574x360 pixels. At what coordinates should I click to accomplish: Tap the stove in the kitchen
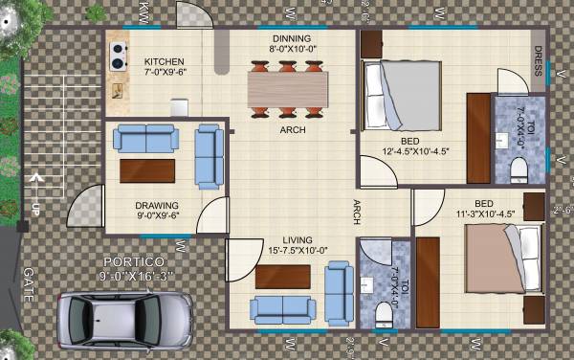pyautogui.click(x=120, y=56)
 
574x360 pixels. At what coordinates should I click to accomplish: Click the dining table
pyautogui.click(x=287, y=87)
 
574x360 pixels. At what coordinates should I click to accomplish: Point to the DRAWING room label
pyautogui.click(x=157, y=205)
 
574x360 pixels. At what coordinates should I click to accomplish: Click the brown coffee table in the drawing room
pyautogui.click(x=147, y=170)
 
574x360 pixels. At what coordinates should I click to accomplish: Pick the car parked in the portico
pyautogui.click(x=124, y=317)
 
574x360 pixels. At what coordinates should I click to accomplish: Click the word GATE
pyautogui.click(x=28, y=283)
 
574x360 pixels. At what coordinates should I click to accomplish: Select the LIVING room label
pyautogui.click(x=288, y=240)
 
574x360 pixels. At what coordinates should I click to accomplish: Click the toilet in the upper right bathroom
pyautogui.click(x=518, y=169)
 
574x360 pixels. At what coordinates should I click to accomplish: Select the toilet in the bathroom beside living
pyautogui.click(x=385, y=312)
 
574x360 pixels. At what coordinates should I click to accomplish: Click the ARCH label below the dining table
pyautogui.click(x=293, y=130)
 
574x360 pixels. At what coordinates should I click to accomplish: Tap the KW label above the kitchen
pyautogui.click(x=143, y=14)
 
